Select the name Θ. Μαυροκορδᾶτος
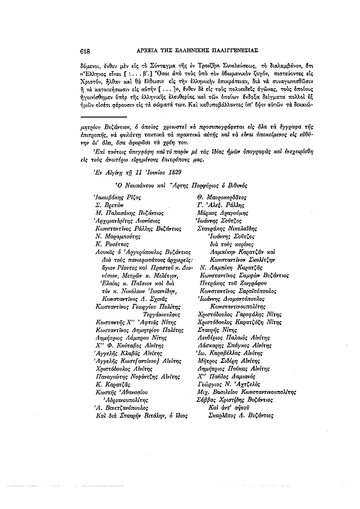[x=221, y=197]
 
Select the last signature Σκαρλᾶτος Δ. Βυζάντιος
[x=236, y=415]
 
